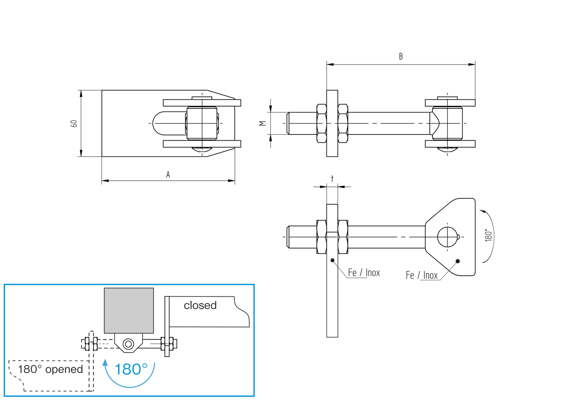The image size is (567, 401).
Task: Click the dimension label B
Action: tap(401, 56)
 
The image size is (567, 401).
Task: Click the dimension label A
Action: tap(168, 175)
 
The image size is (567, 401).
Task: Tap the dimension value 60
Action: tap(74, 124)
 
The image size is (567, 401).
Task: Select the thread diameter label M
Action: tap(263, 124)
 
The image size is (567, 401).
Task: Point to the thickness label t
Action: tap(332, 178)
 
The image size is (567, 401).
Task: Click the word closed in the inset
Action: tap(200, 305)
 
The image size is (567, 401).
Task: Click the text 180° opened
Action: tap(50, 369)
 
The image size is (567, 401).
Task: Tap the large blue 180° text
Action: tap(131, 369)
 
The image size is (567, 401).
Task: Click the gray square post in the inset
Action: tap(129, 310)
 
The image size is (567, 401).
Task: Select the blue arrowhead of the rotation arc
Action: tap(105, 363)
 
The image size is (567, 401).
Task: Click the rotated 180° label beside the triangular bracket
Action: tap(489, 235)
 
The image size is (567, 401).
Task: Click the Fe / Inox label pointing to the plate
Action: tap(364, 273)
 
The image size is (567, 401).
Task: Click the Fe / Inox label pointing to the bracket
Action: tap(422, 275)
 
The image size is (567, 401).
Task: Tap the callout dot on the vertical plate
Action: tap(332, 260)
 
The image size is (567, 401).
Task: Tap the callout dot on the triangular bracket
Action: tap(458, 261)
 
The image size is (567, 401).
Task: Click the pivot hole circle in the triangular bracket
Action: tap(448, 237)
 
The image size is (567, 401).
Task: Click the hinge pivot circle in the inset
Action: tap(128, 344)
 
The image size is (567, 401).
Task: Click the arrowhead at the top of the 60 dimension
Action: tap(81, 94)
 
